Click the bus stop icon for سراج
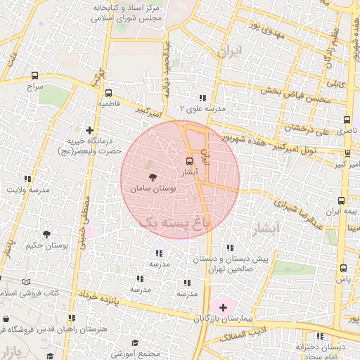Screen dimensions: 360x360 point(35,76)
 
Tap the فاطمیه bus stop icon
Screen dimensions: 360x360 point(108,93)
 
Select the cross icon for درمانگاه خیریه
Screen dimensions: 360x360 point(89,130)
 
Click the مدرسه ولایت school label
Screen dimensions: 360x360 point(28,190)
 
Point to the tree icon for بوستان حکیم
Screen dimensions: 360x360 point(46,234)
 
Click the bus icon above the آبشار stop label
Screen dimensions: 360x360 point(187,161)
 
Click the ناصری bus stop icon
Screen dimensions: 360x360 point(346,120)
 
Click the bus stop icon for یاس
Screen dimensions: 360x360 point(343,268)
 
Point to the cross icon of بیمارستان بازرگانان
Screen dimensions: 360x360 point(224,307)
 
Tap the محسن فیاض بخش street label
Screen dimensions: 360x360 point(296,96)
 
